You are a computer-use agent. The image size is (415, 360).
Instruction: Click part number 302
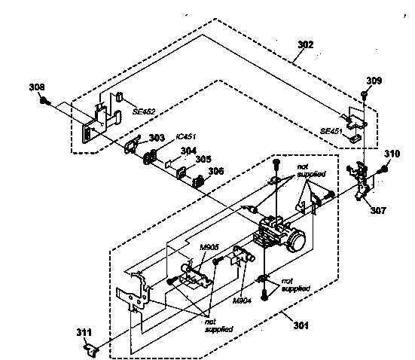coord(306,44)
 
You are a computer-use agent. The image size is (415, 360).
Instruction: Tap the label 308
coord(37,87)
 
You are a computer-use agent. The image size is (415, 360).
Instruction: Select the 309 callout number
coord(374,81)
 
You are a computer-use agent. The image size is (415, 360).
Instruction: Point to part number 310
coord(392,154)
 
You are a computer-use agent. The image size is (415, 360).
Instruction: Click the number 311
coord(84,332)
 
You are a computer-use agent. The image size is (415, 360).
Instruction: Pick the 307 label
coord(378,210)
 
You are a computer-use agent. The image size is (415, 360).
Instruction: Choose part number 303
coord(157,138)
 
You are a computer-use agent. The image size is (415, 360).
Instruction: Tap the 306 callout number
coord(216,171)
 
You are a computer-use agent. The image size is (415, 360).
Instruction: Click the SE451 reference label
coord(331,131)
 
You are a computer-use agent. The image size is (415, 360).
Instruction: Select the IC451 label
coord(186,136)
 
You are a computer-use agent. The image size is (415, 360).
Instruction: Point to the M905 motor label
coord(209,247)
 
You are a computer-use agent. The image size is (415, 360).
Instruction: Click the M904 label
coord(242,301)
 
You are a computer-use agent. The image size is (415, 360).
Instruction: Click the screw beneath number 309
coord(365,95)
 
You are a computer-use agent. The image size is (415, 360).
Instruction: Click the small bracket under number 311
coord(91,350)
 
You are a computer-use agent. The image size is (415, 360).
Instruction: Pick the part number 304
coord(188,151)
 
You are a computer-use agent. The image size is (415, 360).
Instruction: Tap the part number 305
coord(203,159)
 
